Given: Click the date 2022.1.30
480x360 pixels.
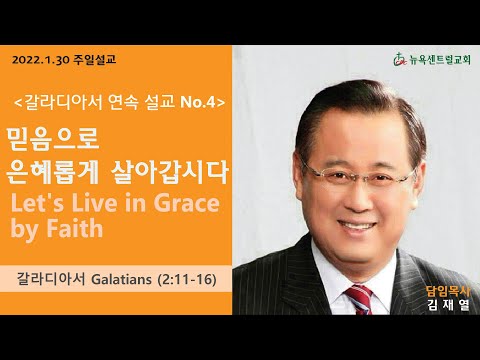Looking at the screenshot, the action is [x=41, y=60].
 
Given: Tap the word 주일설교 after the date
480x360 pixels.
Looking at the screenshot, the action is [x=95, y=60].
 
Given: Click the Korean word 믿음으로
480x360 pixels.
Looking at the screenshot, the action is [x=53, y=138].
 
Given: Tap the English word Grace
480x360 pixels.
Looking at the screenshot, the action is [x=186, y=203].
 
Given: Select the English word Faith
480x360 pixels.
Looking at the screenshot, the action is [x=75, y=228].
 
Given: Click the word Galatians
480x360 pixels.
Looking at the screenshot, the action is [x=121, y=279].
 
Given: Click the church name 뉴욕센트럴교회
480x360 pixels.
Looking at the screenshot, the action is [x=439, y=60].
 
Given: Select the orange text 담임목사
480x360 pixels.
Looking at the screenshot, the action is [x=448, y=292].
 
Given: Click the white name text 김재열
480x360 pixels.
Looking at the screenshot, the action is [x=448, y=305].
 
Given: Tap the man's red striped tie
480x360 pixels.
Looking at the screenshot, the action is [x=360, y=299].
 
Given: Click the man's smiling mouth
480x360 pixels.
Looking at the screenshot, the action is [x=357, y=227].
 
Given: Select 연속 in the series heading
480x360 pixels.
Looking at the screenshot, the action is [x=123, y=102].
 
